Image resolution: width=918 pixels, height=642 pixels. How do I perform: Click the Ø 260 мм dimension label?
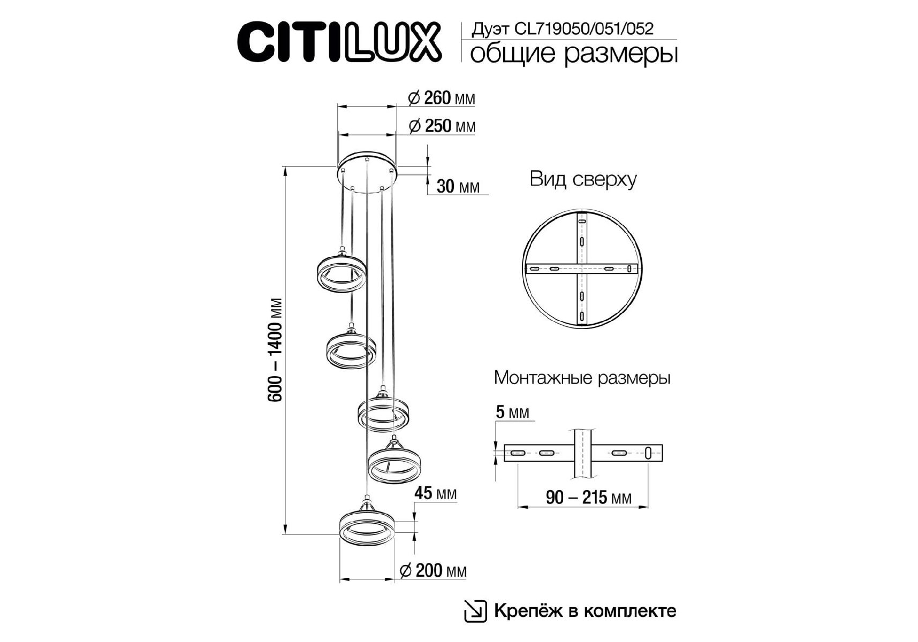coord(441,98)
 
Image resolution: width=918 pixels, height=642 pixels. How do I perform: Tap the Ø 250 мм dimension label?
coord(442,126)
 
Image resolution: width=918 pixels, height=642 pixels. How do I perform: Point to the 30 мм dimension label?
coord(458,186)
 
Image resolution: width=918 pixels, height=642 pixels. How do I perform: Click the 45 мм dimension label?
coord(435,493)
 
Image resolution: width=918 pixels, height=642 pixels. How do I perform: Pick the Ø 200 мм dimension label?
coord(434,570)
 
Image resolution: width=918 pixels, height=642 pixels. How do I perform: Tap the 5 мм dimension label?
coord(512,412)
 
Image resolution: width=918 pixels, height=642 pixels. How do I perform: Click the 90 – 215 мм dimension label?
coord(588,498)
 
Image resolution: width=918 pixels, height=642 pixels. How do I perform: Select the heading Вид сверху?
coord(583,179)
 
